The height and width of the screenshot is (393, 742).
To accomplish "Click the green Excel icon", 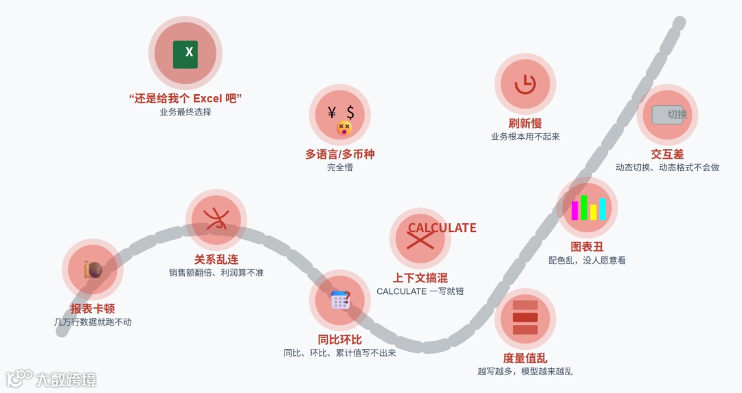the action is point(185,54).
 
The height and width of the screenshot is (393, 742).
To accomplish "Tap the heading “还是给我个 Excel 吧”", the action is point(185,98).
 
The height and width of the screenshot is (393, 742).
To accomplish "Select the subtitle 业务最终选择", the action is point(185,112).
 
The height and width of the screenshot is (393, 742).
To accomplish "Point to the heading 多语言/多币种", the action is point(340,155).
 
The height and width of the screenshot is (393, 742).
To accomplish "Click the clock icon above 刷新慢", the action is point(525,84).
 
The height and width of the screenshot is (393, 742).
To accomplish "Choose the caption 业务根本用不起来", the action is point(525,137).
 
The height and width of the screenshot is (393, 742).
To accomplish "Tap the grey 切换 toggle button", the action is point(667,115).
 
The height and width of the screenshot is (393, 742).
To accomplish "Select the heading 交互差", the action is point(667,155).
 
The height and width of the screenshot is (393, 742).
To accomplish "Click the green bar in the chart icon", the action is point(584,207).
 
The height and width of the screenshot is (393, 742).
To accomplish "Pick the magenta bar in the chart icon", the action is point(574,210).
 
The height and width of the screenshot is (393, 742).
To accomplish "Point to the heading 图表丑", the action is point(587,247).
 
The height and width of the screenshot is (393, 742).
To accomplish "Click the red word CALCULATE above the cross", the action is point(442,228).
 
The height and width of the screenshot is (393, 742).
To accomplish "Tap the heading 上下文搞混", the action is point(420,278).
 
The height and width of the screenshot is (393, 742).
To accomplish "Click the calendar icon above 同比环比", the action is point(340,300).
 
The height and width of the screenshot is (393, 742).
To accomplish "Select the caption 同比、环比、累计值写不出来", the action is point(340,353).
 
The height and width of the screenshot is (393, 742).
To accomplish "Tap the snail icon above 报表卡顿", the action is point(92,269).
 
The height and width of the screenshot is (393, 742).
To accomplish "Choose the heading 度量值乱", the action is point(525,358).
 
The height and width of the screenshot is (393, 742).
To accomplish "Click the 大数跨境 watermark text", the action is point(65,379).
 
